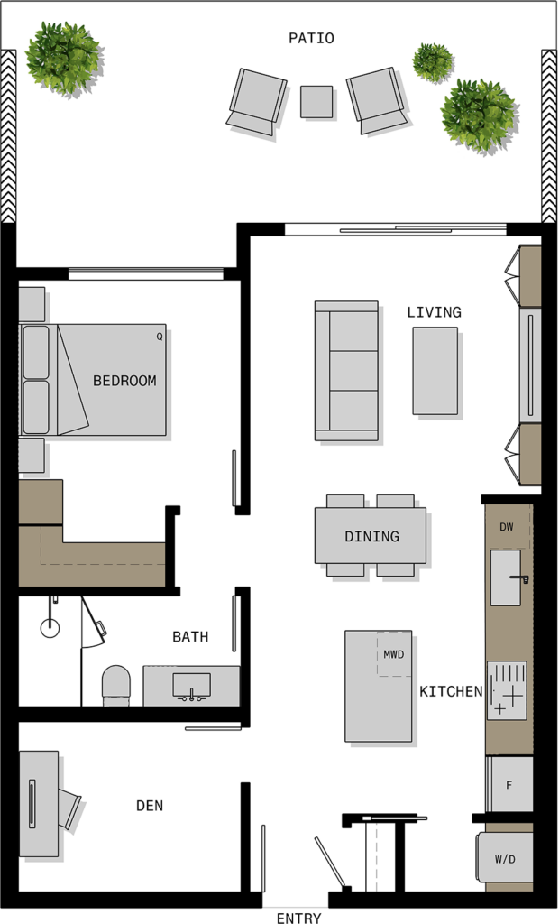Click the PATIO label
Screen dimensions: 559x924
(311, 38)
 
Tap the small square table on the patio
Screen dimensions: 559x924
(316, 102)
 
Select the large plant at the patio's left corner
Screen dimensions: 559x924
(63, 57)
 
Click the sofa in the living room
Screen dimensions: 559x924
(346, 371)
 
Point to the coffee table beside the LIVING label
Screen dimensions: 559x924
(435, 371)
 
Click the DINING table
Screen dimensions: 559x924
(370, 535)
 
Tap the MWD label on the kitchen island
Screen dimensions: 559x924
(393, 654)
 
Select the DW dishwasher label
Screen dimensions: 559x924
(507, 527)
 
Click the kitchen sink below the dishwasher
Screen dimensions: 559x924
(506, 577)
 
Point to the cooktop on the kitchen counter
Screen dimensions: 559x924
(507, 690)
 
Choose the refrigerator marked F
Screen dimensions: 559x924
(509, 784)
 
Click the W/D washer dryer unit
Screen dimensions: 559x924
(505, 857)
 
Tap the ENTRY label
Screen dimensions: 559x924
(298, 918)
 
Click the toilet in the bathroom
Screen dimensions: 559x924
(115, 685)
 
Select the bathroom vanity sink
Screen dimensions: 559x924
(191, 686)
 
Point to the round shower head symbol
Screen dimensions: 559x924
(50, 628)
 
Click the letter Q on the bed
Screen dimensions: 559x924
(159, 337)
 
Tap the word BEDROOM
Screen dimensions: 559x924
(125, 381)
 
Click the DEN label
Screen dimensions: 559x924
(150, 806)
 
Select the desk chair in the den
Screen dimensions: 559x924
(69, 808)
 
